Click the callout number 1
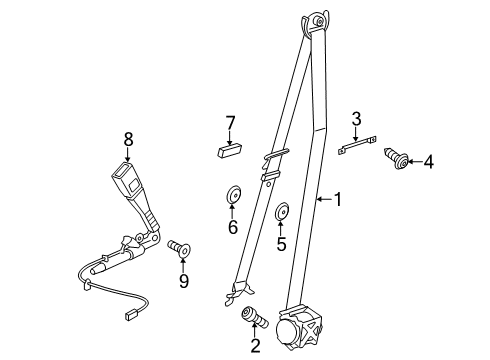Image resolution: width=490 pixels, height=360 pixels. (338, 199)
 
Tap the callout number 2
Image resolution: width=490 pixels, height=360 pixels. (255, 345)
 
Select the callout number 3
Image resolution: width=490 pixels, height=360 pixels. (356, 119)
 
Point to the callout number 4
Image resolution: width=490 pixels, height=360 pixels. (428, 162)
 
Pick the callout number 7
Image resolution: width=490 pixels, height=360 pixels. (230, 123)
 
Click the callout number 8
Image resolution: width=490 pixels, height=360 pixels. (128, 139)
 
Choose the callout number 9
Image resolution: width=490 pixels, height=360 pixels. (184, 281)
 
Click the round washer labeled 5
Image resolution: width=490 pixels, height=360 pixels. (282, 212)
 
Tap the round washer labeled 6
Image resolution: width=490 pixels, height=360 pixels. (233, 194)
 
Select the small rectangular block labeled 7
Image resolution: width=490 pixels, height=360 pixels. (229, 150)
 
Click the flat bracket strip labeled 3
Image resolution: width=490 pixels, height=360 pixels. (357, 145)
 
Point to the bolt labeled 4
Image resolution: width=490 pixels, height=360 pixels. (397, 158)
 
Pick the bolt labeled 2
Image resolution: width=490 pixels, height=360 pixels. (254, 318)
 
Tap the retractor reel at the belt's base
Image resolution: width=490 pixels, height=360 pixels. (298, 328)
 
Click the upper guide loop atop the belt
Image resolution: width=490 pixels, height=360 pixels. (315, 23)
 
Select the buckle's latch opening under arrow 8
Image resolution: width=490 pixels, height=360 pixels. (121, 170)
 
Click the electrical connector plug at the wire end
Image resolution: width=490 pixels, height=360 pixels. (130, 316)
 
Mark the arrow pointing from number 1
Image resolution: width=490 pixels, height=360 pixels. (324, 199)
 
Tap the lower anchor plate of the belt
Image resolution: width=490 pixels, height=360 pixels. (239, 291)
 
